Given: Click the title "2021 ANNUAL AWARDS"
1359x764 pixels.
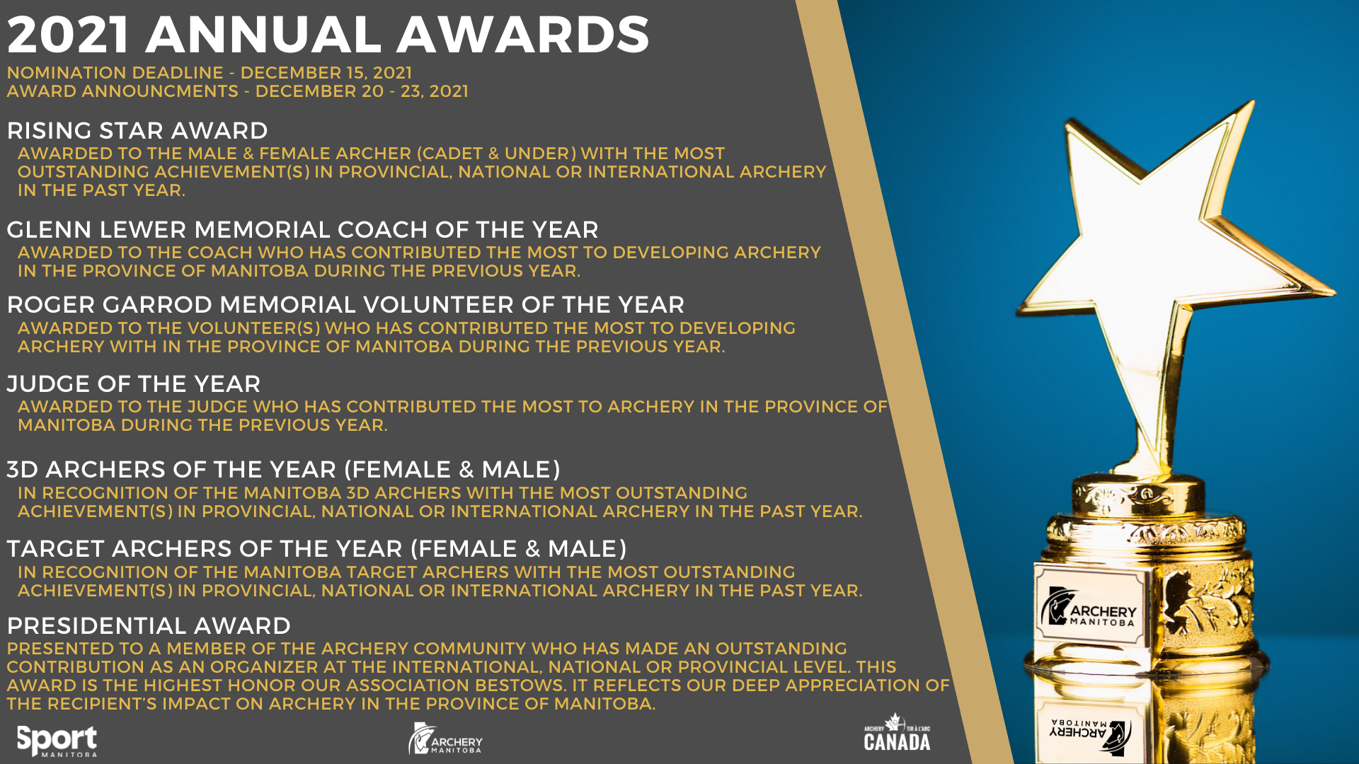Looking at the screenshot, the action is point(328,34).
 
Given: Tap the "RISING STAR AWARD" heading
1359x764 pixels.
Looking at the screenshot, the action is point(137,131).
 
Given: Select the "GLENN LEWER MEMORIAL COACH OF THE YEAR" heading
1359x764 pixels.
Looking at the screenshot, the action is point(302,230).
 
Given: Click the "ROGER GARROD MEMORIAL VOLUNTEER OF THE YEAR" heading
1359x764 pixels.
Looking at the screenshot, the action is point(345,305).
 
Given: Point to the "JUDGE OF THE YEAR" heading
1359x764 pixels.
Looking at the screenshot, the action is point(134,384).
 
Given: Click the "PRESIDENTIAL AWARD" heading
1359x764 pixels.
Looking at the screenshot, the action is point(149,626).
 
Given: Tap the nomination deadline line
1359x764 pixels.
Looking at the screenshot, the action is point(210,73).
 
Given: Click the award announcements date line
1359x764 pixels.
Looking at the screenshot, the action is point(238,91).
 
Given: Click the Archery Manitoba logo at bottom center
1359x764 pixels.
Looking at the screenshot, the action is point(445,739).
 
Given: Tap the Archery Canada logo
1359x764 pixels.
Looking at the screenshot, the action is point(897,733).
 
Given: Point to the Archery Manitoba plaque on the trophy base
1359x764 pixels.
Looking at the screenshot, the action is point(1089,606).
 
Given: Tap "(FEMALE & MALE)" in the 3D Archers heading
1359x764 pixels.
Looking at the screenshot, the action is point(453,470).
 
